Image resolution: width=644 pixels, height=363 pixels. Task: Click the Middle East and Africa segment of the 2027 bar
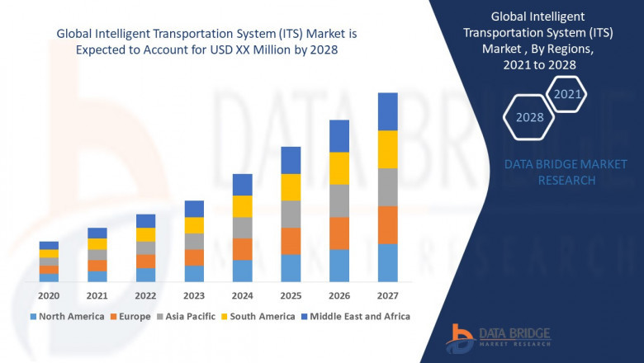pyautogui.click(x=387, y=111)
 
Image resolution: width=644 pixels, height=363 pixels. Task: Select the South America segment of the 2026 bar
pyautogui.click(x=339, y=168)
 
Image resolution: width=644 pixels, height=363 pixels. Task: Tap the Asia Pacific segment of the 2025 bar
pyautogui.click(x=291, y=214)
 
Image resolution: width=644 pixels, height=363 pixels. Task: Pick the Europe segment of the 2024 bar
pyautogui.click(x=242, y=249)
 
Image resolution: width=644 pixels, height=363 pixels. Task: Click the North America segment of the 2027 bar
pyautogui.click(x=387, y=262)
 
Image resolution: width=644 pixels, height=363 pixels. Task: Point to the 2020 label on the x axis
pyautogui.click(x=49, y=295)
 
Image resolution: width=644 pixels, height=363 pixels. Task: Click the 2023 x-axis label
pyautogui.click(x=194, y=295)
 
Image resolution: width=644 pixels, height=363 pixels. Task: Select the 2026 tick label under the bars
pyautogui.click(x=339, y=295)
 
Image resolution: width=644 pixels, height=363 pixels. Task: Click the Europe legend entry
pyautogui.click(x=133, y=316)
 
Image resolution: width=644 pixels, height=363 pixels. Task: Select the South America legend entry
pyautogui.click(x=259, y=316)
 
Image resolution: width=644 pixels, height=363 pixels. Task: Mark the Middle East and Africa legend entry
pyautogui.click(x=359, y=316)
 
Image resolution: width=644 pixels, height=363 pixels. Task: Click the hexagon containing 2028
pyautogui.click(x=529, y=117)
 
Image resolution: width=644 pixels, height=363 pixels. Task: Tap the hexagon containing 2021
pyautogui.click(x=567, y=94)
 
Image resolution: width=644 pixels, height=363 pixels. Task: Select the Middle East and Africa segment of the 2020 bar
pyautogui.click(x=49, y=245)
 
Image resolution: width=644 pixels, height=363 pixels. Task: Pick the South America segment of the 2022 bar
pyautogui.click(x=145, y=234)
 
